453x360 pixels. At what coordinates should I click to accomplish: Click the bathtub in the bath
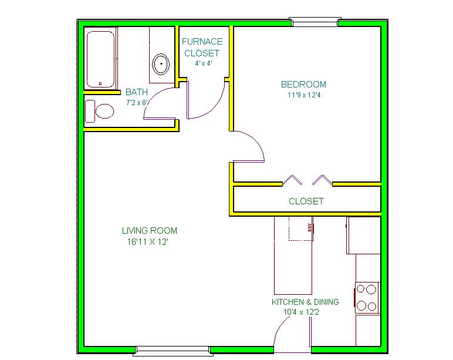(101, 59)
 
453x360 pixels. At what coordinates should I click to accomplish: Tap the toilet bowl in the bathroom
(104, 112)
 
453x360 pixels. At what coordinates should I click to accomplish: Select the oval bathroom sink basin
(161, 64)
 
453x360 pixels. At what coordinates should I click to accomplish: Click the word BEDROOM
(303, 85)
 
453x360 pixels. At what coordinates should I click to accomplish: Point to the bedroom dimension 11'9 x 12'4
(304, 95)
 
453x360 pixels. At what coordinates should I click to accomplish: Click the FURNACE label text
(202, 42)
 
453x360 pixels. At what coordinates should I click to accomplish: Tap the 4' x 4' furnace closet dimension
(204, 63)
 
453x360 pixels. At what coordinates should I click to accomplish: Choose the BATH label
(137, 92)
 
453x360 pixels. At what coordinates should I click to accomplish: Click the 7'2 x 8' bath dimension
(137, 102)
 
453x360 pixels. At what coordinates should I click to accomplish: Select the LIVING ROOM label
(150, 231)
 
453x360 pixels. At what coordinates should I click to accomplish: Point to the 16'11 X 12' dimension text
(148, 242)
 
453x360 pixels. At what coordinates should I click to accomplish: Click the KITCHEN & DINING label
(305, 302)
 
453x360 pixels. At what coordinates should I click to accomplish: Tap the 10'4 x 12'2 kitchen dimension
(302, 312)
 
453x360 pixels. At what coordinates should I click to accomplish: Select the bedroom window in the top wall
(315, 22)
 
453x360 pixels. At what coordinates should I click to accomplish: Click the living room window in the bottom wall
(173, 350)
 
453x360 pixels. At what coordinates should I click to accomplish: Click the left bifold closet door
(292, 180)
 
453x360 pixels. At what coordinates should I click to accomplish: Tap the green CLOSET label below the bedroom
(306, 201)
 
